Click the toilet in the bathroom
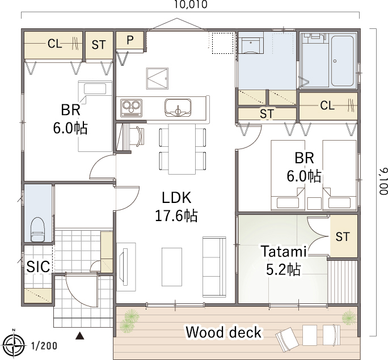point(37,229)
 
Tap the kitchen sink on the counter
point(178,108)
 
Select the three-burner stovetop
point(132,108)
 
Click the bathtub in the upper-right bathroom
point(342,61)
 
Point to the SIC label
point(38,266)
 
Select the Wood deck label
point(223,332)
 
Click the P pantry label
point(130,40)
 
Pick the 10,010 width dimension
point(191,5)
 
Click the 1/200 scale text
point(44,346)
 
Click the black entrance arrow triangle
point(80,336)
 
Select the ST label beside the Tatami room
point(343,236)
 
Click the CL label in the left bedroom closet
point(54,44)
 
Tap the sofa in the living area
point(214,267)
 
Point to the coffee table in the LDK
point(172,267)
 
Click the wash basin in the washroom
point(251,45)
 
